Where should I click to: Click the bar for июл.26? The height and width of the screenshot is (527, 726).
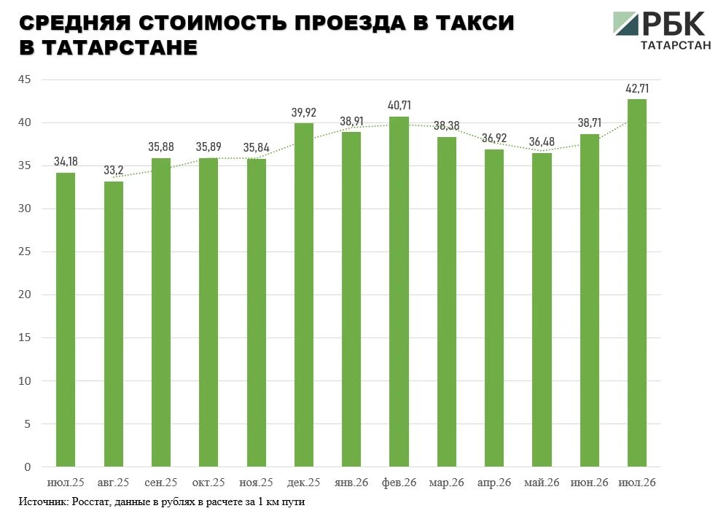click(x=637, y=283)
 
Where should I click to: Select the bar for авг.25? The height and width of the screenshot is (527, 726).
click(x=114, y=324)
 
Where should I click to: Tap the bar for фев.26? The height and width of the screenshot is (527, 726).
click(x=399, y=292)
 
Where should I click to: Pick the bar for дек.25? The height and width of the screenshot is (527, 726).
click(x=304, y=295)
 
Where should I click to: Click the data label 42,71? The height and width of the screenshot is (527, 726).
click(x=637, y=88)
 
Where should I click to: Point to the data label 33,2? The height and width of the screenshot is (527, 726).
click(x=114, y=171)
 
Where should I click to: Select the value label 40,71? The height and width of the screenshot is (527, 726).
click(x=399, y=106)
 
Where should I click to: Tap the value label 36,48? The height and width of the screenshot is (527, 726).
click(x=542, y=141)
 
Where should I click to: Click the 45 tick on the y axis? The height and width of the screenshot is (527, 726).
click(x=25, y=79)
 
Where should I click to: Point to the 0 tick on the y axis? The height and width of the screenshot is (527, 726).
click(x=28, y=467)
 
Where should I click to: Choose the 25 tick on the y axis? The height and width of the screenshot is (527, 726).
click(x=25, y=251)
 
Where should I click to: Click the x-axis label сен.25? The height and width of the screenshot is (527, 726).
click(x=160, y=483)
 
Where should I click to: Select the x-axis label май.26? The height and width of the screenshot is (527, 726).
click(x=542, y=483)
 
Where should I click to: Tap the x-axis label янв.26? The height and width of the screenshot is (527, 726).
click(x=351, y=483)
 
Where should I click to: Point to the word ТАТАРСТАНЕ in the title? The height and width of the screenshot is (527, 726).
click(x=120, y=47)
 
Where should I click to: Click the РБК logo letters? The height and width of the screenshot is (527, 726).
click(x=674, y=23)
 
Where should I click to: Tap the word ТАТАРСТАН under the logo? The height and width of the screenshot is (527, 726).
click(x=676, y=45)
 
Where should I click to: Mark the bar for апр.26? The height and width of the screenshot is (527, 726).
click(x=494, y=308)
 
